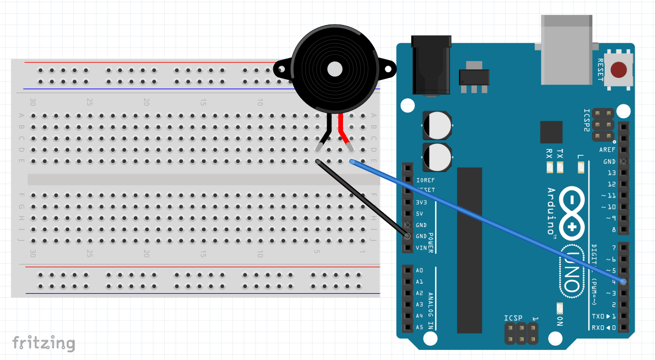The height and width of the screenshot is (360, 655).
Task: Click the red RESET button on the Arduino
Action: tap(618, 70)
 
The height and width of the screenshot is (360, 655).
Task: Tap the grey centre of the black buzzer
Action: tap(334, 69)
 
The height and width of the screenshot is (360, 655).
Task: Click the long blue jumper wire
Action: tap(489, 221)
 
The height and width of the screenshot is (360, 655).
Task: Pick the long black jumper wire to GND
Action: tap(362, 199)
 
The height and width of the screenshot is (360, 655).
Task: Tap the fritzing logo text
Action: tap(44, 343)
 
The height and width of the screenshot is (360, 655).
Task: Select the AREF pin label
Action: tap(607, 150)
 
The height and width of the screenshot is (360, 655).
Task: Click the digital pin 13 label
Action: tap(611, 173)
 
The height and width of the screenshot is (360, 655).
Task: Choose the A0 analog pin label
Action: tap(419, 270)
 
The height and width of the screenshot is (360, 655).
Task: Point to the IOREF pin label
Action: tap(425, 180)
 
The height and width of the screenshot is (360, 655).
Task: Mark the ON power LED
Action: tap(560, 309)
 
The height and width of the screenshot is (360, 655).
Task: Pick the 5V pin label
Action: tap(420, 214)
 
